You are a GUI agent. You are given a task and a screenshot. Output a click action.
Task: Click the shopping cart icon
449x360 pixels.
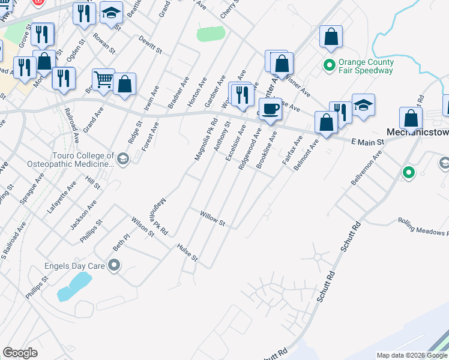point(103,79)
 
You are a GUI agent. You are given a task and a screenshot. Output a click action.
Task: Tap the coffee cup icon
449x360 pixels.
point(271,109)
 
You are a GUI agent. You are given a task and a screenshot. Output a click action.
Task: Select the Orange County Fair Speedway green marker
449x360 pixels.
point(330,65)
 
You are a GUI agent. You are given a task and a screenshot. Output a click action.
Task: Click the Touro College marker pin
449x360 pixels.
point(123,159)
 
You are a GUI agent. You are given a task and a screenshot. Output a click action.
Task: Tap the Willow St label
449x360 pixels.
point(212,218)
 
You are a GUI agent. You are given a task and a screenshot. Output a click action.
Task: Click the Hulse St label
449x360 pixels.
point(187,253)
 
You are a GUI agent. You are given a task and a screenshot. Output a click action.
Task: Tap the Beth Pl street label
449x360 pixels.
point(121,242)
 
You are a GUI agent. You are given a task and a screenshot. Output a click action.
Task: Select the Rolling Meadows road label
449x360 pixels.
point(423,226)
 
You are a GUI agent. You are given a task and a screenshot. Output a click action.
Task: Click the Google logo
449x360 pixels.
point(20,352)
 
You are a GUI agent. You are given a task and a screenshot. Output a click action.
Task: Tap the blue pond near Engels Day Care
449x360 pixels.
point(73,287)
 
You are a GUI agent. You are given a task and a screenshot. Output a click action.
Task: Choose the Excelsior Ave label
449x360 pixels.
point(235,143)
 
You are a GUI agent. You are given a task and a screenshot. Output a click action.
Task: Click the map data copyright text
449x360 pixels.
point(412,355)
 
